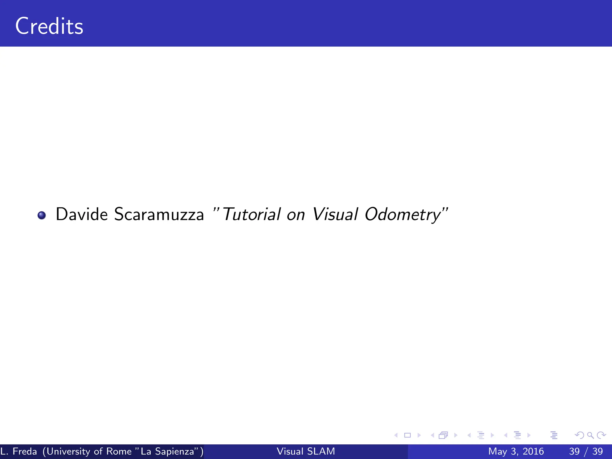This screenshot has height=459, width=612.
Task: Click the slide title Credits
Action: click(x=49, y=26)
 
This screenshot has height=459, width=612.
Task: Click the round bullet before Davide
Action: click(x=42, y=215)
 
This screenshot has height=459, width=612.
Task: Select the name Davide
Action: click(x=82, y=214)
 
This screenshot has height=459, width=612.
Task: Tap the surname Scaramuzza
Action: click(x=159, y=214)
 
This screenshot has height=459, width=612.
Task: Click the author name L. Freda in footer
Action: click(x=19, y=451)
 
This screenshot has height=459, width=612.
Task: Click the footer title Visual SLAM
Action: click(x=306, y=451)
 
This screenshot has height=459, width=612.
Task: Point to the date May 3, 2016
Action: click(x=516, y=451)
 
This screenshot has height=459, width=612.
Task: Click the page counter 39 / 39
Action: click(x=586, y=451)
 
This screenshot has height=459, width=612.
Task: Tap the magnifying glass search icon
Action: click(x=590, y=435)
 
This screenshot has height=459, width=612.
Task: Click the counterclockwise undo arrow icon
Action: click(x=579, y=435)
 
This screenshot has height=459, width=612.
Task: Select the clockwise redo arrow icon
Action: click(x=601, y=435)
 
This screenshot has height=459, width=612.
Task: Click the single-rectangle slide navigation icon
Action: click(x=407, y=435)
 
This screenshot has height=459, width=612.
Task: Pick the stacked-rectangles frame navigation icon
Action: click(x=443, y=435)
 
